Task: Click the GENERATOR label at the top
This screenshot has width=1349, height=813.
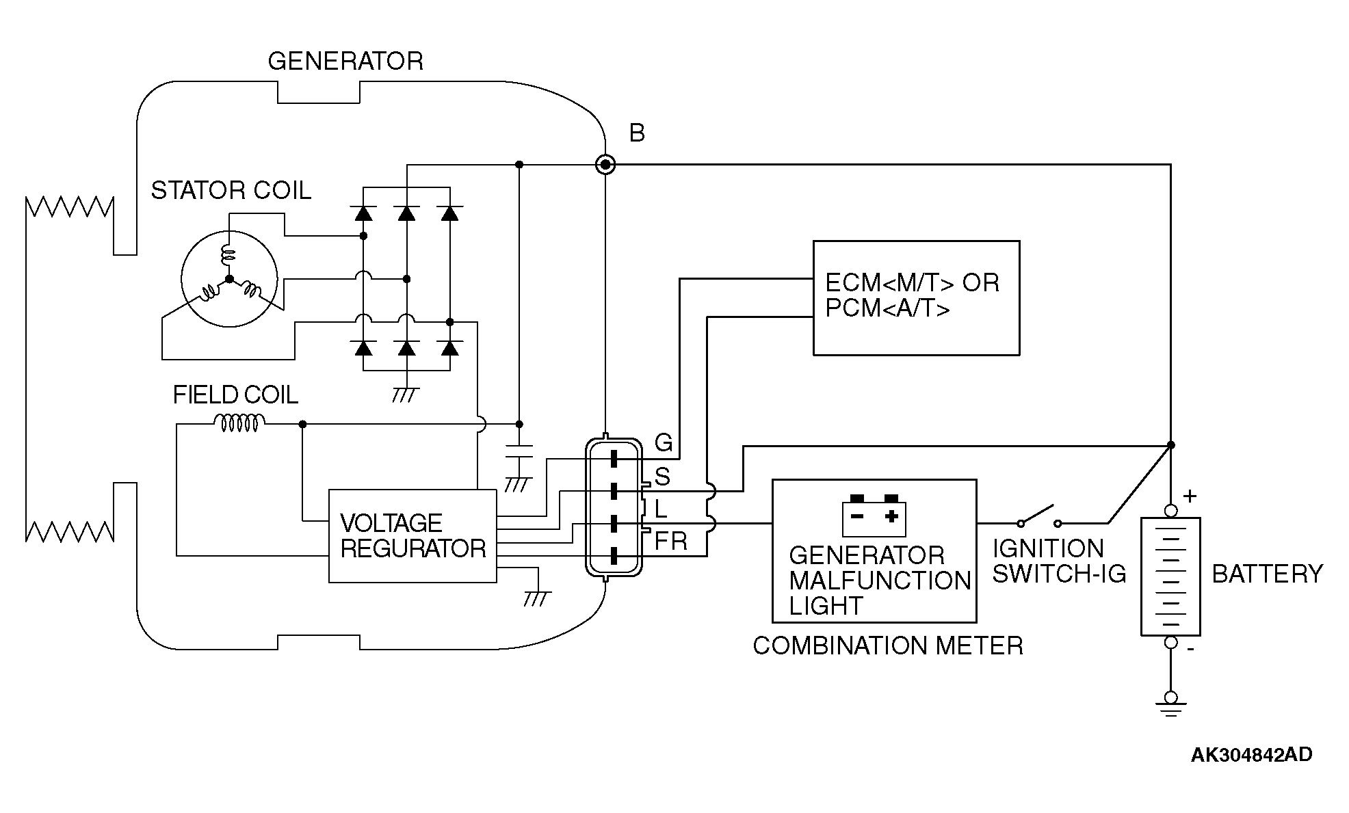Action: pos(345,62)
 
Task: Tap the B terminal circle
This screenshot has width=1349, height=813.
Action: pos(605,165)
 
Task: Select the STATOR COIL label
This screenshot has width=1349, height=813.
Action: pos(231,190)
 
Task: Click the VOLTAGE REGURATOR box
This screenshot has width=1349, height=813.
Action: pos(412,536)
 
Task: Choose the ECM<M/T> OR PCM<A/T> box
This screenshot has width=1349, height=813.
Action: pos(916,298)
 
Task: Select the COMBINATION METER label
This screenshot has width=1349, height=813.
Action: pos(888,646)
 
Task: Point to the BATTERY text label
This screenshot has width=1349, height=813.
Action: pos(1268,574)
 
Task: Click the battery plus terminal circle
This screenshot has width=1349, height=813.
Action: pos(1170,511)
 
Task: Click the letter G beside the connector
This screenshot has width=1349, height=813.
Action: pos(663,443)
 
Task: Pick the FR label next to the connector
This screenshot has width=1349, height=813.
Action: pos(670,542)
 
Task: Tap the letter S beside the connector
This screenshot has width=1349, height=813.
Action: pos(662,477)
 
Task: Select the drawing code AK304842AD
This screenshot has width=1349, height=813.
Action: pos(1251,755)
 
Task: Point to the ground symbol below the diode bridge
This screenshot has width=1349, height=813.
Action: pos(406,395)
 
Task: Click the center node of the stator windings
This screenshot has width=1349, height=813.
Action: pos(229,279)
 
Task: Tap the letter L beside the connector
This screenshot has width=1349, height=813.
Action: pos(660,509)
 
